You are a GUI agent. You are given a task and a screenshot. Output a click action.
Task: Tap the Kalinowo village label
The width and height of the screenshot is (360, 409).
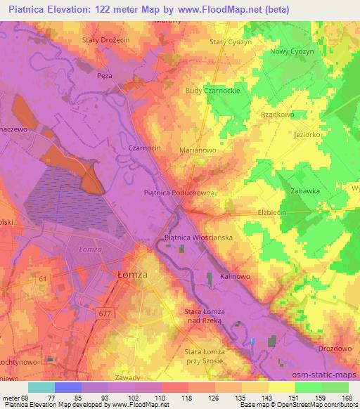pyautogui.click(x=236, y=276)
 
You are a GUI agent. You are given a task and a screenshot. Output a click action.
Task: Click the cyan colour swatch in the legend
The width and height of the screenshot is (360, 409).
pyautogui.click(x=41, y=388)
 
